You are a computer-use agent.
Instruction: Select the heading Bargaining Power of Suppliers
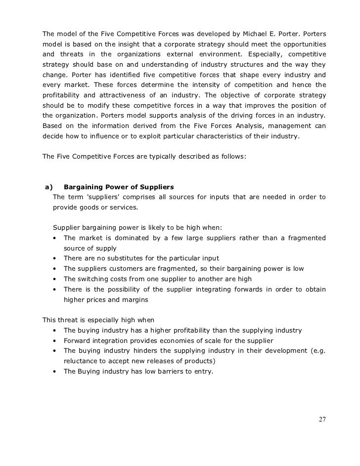click(x=119, y=187)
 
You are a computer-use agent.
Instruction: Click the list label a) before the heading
click(x=48, y=187)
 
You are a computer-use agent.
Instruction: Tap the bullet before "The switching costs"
click(x=53, y=279)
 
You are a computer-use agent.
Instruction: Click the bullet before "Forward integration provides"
click(x=53, y=340)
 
